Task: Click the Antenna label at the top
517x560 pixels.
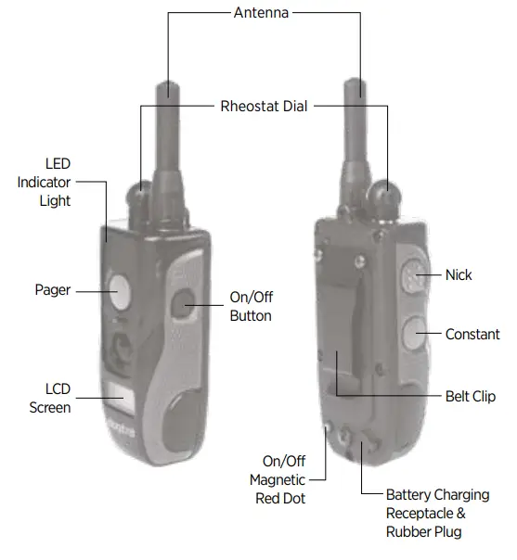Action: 261,13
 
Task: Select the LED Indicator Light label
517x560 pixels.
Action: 44,182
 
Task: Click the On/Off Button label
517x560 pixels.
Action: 251,307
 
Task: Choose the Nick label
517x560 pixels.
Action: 459,274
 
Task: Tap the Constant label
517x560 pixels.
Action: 472,334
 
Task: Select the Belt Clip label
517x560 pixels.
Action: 471,396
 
